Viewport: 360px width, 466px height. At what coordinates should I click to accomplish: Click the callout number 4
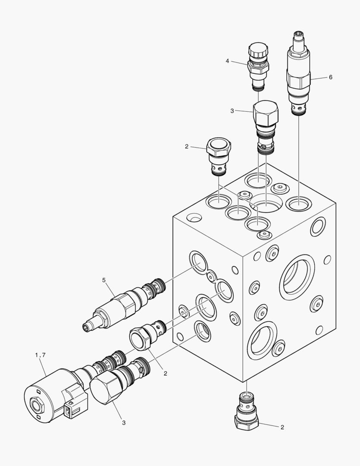(x=227, y=61)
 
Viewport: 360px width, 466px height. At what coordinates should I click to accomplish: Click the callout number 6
(x=330, y=77)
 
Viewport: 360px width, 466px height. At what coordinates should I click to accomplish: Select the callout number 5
(x=103, y=280)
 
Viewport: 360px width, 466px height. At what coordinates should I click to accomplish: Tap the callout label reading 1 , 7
(x=40, y=355)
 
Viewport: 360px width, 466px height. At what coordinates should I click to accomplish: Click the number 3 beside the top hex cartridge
(x=232, y=111)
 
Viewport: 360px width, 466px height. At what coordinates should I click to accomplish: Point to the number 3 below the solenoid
(x=124, y=422)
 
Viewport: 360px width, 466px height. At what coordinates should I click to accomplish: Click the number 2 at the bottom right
(x=282, y=427)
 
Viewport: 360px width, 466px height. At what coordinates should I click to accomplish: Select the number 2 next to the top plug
(x=187, y=147)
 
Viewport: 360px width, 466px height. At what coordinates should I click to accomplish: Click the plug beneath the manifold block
(x=247, y=410)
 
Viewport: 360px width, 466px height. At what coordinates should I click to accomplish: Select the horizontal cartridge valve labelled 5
(x=124, y=304)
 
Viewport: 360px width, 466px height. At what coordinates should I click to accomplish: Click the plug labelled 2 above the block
(x=219, y=156)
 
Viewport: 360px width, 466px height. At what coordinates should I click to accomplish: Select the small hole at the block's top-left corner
(x=194, y=217)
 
